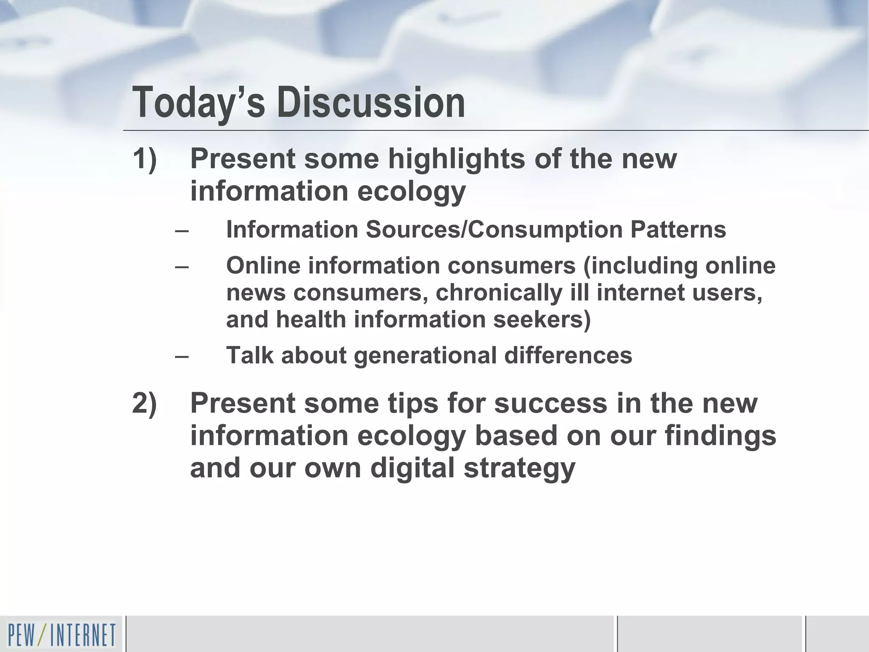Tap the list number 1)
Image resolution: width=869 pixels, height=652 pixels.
click(145, 159)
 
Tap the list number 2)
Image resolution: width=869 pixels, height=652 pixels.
click(145, 403)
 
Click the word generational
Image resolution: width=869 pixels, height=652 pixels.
click(425, 355)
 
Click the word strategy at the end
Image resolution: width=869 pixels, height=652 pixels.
click(519, 468)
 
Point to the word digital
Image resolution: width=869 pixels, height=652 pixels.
click(412, 468)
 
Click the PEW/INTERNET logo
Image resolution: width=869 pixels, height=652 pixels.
click(61, 635)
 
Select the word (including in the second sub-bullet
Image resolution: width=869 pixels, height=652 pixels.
click(640, 266)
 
